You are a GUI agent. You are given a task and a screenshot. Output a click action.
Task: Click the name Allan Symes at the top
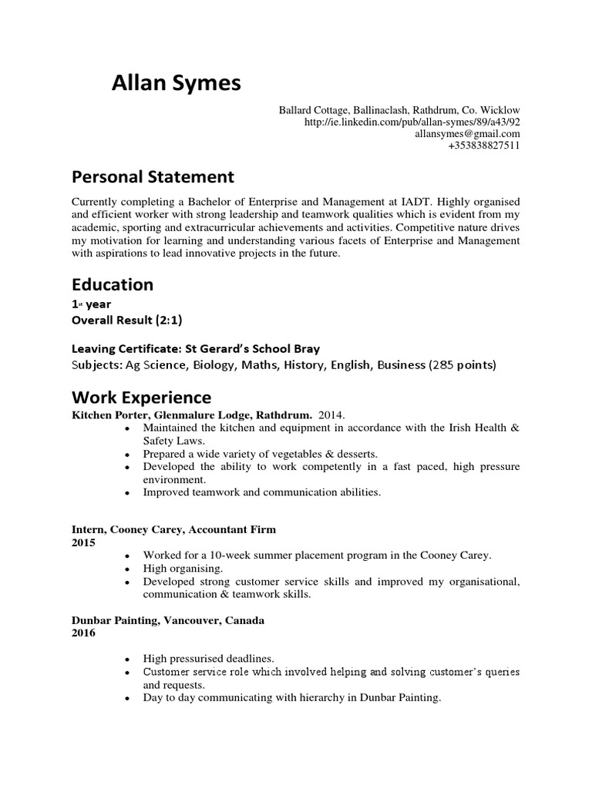[176, 83]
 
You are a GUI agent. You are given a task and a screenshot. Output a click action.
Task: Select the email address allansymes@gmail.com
[467, 134]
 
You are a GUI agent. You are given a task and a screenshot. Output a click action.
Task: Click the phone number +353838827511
[483, 146]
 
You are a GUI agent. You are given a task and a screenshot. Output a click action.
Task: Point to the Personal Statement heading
[153, 177]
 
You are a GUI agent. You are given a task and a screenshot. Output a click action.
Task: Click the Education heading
[113, 284]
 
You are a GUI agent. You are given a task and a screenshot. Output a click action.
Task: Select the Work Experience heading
[141, 398]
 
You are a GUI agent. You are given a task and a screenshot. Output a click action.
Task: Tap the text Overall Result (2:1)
[127, 320]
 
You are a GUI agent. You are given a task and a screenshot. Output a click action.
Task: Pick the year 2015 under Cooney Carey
[83, 542]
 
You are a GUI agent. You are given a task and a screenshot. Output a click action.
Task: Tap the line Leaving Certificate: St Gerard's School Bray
[195, 347]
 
